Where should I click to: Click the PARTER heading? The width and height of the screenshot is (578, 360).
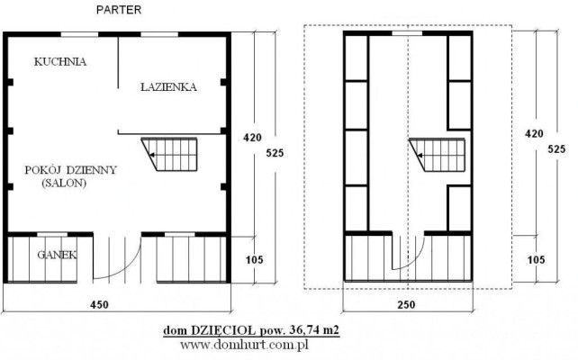119,10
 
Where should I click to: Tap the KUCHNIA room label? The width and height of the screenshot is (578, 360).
60,61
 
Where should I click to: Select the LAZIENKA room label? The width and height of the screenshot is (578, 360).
169,87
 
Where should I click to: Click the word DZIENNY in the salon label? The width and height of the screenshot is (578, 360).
92,170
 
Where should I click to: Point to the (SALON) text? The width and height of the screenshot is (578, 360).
64,183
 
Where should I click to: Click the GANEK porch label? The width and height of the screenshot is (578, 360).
57,255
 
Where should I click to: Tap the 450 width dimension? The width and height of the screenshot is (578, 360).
100,305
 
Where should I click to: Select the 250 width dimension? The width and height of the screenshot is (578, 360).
406,305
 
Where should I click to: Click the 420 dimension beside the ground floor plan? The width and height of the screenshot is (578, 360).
252,138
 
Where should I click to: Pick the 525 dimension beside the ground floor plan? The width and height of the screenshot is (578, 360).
275,153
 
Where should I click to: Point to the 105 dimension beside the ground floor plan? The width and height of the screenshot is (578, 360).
255,260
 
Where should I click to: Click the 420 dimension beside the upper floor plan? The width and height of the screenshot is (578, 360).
534,133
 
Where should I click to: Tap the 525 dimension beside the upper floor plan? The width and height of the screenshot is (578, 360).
556,148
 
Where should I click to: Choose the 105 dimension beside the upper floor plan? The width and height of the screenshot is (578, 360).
536,260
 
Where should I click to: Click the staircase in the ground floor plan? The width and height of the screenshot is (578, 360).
169,155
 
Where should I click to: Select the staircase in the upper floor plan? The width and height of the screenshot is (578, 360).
438,155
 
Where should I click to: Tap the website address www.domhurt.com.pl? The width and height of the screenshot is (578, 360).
244,345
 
